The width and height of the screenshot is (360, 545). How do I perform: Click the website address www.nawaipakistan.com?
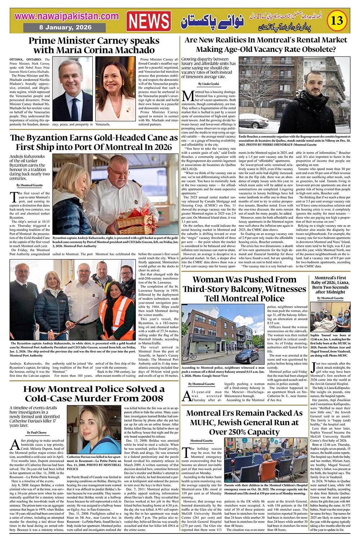(x=67, y=16)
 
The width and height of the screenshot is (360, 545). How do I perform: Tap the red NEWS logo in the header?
(x=149, y=22)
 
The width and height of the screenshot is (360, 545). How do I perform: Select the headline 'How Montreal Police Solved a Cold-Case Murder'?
(x=94, y=393)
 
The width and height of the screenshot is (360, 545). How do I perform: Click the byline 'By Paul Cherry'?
(x=37, y=432)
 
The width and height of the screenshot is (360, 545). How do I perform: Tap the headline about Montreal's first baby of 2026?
(x=330, y=285)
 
